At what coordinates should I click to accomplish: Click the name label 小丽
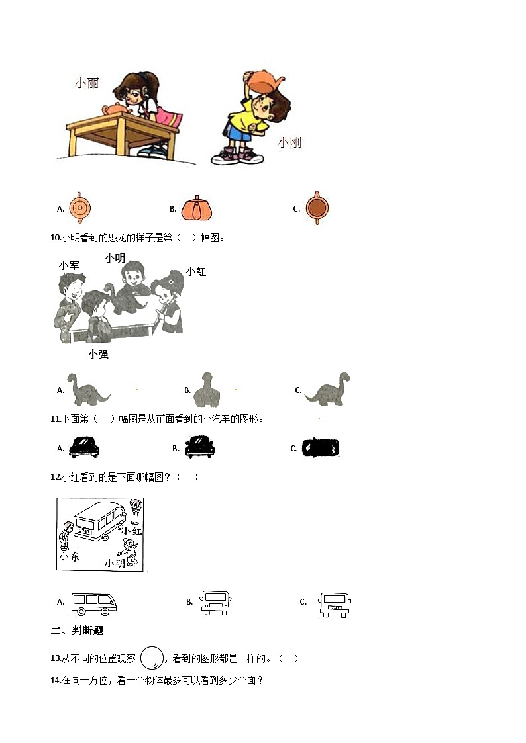(x=87, y=83)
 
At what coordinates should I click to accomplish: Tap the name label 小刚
(x=289, y=142)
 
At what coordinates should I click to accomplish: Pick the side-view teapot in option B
(x=195, y=208)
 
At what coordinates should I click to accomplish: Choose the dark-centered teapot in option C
(x=317, y=208)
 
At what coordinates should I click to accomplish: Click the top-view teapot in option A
(x=79, y=208)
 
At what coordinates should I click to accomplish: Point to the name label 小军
(x=69, y=265)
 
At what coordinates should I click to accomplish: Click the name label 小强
(x=98, y=354)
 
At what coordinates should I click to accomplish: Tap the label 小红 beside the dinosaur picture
(x=195, y=271)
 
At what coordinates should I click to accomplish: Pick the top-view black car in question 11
(x=320, y=448)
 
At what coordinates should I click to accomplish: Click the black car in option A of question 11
(x=83, y=447)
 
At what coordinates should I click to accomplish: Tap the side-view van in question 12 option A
(x=93, y=602)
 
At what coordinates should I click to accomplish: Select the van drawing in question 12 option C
(x=334, y=603)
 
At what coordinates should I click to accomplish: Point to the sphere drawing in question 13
(x=152, y=658)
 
